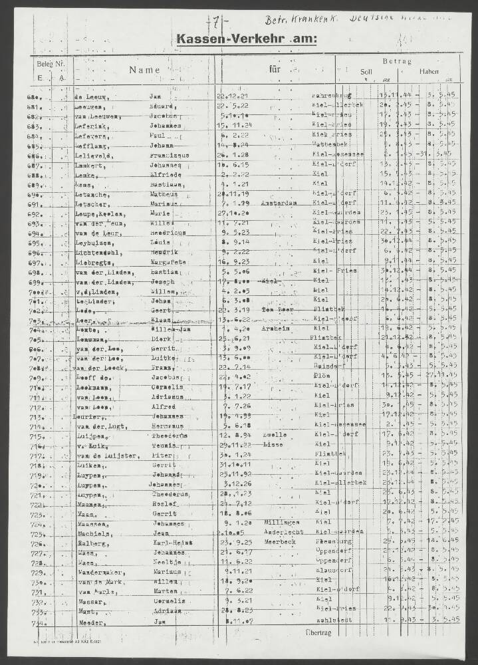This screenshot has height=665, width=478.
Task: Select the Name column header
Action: click(x=145, y=70)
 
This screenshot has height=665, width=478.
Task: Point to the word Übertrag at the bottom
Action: click(x=316, y=630)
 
